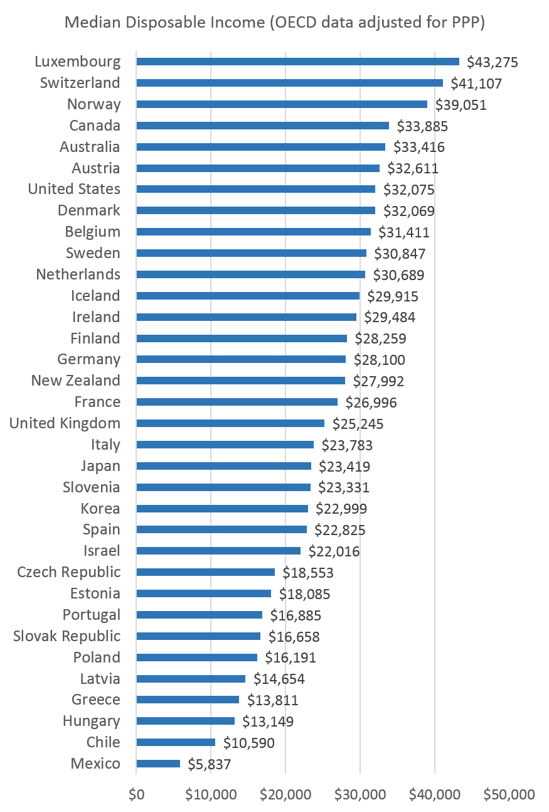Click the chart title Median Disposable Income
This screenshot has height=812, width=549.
click(275, 23)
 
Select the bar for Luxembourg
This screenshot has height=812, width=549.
click(297, 62)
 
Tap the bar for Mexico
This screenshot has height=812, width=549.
click(158, 764)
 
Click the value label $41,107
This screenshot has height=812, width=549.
click(476, 84)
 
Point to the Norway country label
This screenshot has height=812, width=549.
click(93, 104)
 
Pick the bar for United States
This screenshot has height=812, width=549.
click(255, 189)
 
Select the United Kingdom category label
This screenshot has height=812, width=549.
click(65, 423)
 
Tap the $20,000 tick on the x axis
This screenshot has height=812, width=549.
click(285, 794)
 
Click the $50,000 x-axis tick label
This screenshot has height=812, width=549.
click(509, 794)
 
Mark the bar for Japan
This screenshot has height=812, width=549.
click(223, 466)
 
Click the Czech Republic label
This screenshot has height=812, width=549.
click(68, 572)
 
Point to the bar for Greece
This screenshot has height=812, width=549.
click(188, 700)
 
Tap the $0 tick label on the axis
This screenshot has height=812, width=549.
click(136, 794)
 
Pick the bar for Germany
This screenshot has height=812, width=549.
click(241, 359)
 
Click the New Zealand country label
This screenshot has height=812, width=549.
click(75, 381)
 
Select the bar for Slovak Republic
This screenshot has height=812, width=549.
click(198, 636)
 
